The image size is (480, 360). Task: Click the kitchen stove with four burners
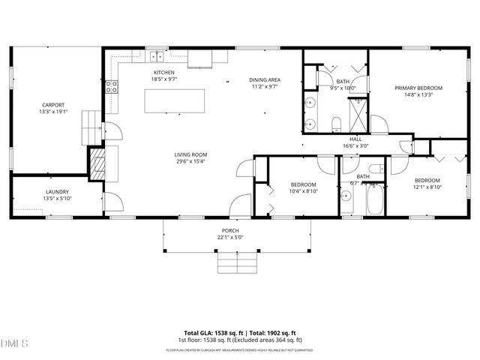[112, 85]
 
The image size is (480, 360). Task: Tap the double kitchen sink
[157, 56]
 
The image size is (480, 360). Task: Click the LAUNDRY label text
[36, 192]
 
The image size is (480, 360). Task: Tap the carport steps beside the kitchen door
[91, 123]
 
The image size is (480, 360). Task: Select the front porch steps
[236, 262]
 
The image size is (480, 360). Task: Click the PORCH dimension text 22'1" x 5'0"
[230, 237]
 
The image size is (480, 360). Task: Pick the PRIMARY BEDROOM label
[418, 88]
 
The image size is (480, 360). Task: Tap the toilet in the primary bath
[337, 123]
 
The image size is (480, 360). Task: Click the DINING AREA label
[264, 79]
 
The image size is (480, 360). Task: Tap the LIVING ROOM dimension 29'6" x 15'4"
[190, 160]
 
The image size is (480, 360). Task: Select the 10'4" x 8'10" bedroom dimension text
[303, 191]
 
